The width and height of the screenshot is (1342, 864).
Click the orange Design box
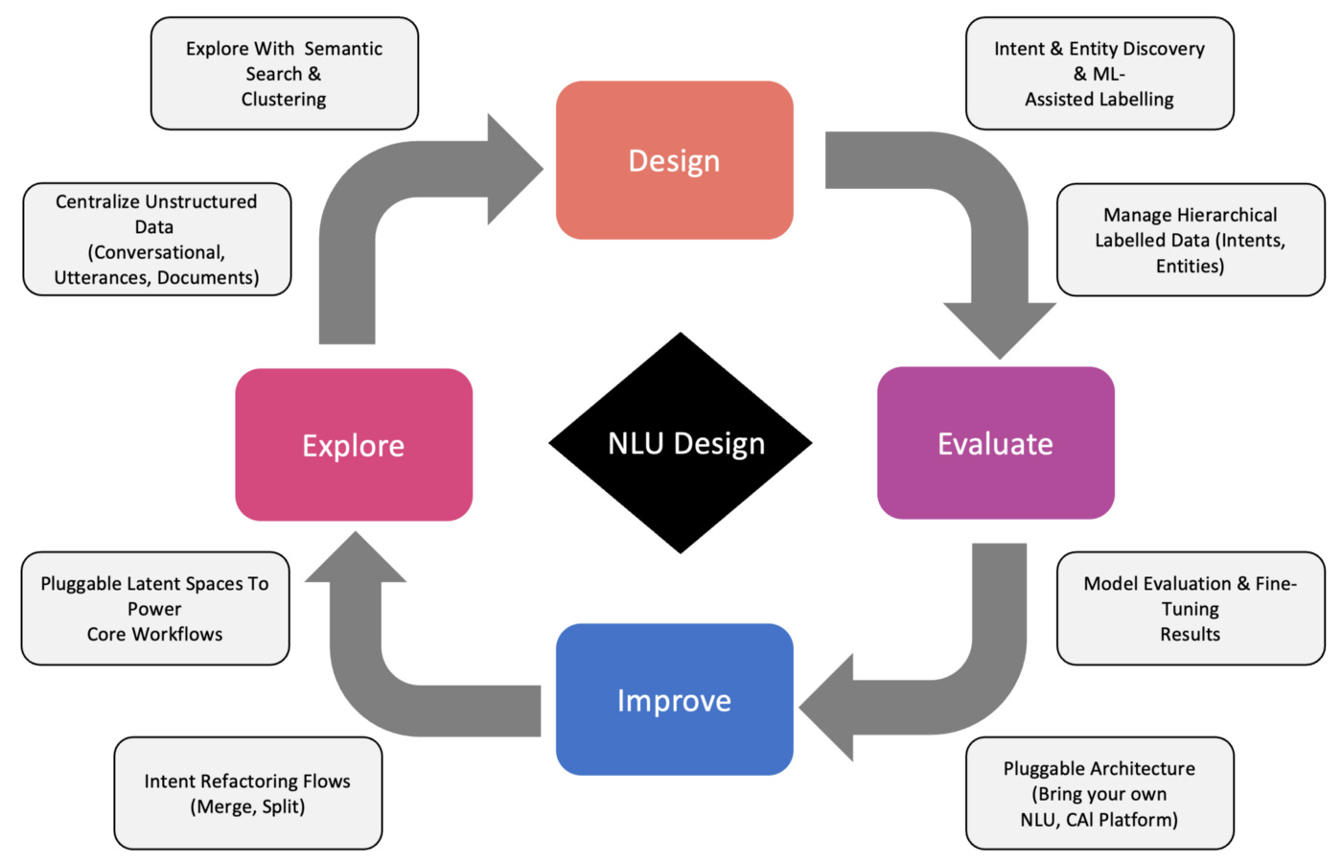pos(674,160)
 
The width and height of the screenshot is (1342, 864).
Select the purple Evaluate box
pos(995,443)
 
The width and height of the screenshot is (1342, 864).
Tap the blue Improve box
pos(674,699)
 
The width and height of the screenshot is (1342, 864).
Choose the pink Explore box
pos(354,445)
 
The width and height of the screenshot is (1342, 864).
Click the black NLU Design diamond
pos(681,443)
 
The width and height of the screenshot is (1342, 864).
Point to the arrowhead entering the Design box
pos(513,170)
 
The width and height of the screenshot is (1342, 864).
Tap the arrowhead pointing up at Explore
pos(356,559)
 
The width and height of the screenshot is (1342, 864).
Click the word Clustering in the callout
pos(284,99)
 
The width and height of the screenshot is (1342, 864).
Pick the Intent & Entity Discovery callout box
pos(1099,73)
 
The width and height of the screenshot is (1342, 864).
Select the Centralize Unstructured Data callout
pos(156,239)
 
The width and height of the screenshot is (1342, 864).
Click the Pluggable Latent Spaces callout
pos(154,608)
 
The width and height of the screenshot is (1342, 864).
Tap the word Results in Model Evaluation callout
pos(1190,634)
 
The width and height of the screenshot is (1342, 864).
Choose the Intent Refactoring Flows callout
pos(247,793)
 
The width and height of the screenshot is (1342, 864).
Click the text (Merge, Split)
pos(247,806)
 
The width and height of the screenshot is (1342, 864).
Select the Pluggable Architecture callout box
pos(1099,793)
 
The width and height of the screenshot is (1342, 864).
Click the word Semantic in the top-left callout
pos(342,48)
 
